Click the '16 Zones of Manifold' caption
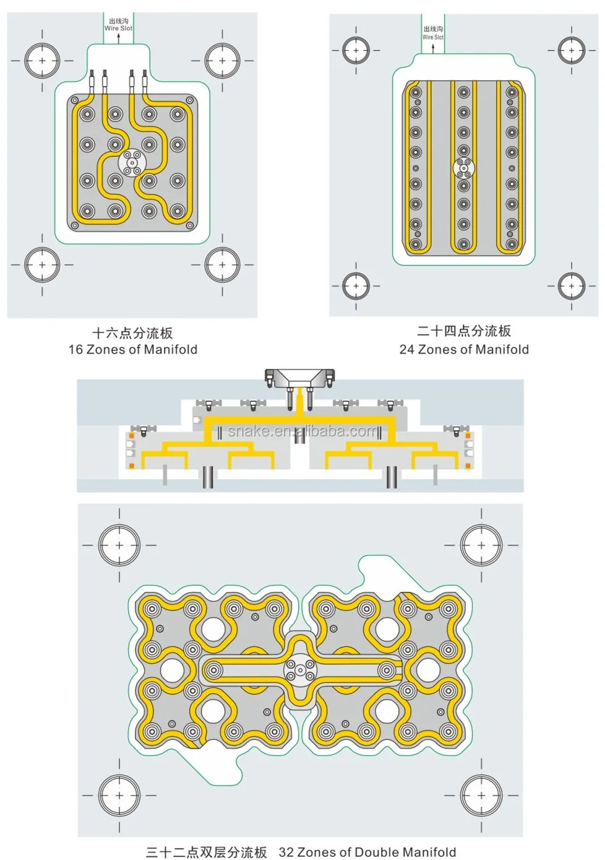pyautogui.click(x=133, y=349)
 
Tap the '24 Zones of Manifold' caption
pyautogui.click(x=464, y=349)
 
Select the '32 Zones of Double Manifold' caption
pyautogui.click(x=367, y=852)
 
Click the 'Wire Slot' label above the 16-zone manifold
pyautogui.click(x=118, y=28)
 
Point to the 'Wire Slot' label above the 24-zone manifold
pyautogui.click(x=433, y=37)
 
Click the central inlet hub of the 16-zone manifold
pyautogui.click(x=132, y=163)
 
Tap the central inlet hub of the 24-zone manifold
pyautogui.click(x=463, y=168)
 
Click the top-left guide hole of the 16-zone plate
pyautogui.click(x=42, y=61)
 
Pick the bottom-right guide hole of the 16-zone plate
pyautogui.click(x=223, y=264)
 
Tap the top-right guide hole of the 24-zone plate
pyautogui.click(x=571, y=51)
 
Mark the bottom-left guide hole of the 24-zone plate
pyautogui.click(x=356, y=286)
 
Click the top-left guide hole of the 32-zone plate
pyautogui.click(x=119, y=545)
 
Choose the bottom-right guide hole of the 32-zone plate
pyautogui.click(x=481, y=795)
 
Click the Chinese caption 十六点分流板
pyautogui.click(x=132, y=333)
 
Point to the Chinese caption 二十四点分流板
pyautogui.click(x=464, y=331)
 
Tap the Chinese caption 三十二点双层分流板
pyautogui.click(x=207, y=852)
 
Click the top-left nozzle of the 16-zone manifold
pyautogui.click(x=87, y=115)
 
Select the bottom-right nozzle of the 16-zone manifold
pyautogui.click(x=178, y=211)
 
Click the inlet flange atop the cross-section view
pyautogui.click(x=300, y=376)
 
